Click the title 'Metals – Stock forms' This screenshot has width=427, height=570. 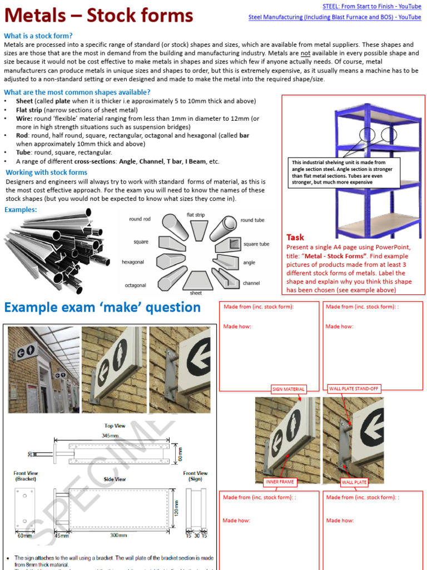click(99, 15)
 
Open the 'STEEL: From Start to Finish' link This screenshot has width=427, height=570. click(371, 7)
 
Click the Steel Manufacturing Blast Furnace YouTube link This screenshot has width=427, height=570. click(334, 17)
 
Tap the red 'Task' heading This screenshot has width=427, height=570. click(295, 237)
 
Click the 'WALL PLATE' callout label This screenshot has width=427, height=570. click(354, 482)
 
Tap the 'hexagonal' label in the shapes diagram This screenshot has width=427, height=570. click(133, 262)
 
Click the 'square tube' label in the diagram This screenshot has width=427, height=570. click(256, 244)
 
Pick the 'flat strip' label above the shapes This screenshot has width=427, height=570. click(195, 215)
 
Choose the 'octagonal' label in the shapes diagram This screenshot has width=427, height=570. click(135, 286)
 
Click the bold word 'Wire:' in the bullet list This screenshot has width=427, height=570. click(24, 119)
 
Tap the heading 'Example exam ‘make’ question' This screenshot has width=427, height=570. click(102, 307)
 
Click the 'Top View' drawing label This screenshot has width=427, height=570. click(115, 426)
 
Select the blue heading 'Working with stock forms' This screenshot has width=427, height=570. click(46, 173)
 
